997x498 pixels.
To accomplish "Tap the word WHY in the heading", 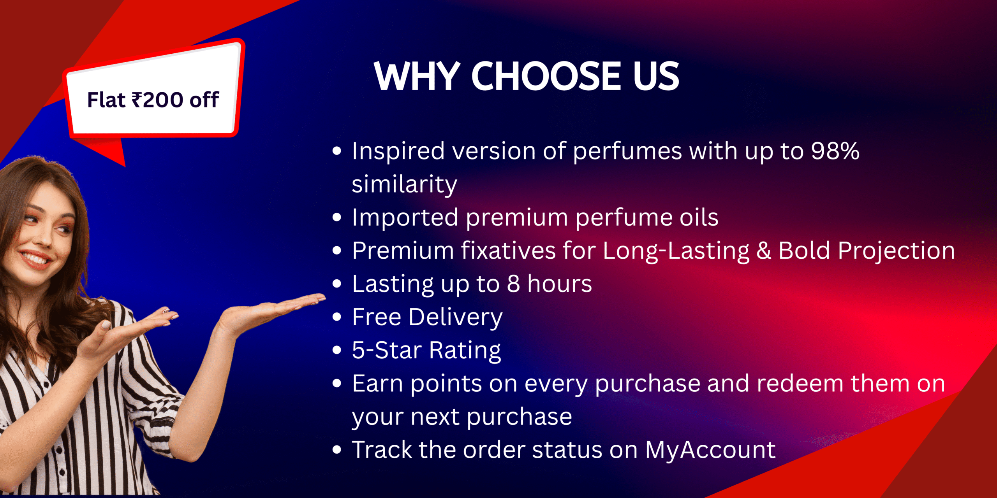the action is (x=417, y=76).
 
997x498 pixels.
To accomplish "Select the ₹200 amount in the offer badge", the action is (x=157, y=100).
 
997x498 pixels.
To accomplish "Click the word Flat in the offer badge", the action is (x=106, y=100).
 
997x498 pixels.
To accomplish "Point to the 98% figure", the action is (x=835, y=151).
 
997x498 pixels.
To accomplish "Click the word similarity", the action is (x=404, y=184).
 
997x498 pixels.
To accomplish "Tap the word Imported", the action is (x=405, y=217).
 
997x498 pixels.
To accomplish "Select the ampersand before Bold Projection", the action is (x=764, y=251).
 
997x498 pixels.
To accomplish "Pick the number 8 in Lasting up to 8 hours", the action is (x=513, y=284).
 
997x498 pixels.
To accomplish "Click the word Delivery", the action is (x=455, y=317).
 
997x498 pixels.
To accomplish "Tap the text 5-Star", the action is (x=387, y=350).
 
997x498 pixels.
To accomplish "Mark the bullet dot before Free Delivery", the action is (x=337, y=317).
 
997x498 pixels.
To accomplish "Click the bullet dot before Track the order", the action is (x=337, y=450).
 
